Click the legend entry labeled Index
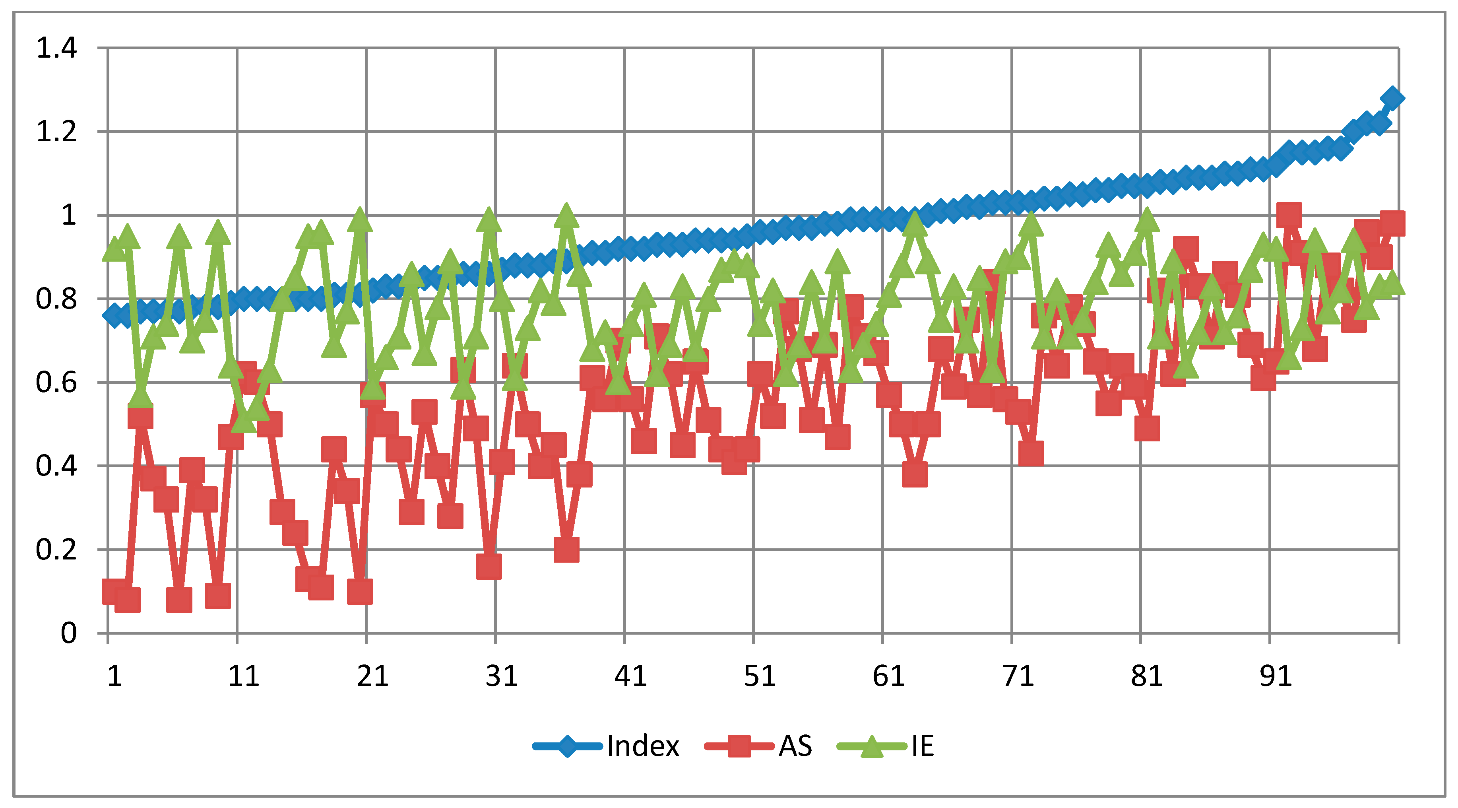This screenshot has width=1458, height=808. pos(642,746)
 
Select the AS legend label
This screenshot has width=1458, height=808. pos(795,746)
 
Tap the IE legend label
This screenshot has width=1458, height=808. pos(922,746)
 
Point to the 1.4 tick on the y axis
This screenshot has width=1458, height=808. pos(56,48)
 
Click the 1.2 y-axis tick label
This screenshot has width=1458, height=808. pos(56,132)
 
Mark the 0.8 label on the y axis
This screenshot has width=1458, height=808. pos(56,299)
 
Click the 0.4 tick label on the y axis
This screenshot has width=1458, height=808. pos(56,466)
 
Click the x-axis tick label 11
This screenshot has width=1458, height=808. pos(243,676)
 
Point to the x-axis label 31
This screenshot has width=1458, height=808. pos(502,676)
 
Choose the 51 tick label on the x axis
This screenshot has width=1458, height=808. pos(760,676)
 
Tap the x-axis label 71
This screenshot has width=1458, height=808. pos(1018,676)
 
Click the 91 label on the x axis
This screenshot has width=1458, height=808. pos(1276,676)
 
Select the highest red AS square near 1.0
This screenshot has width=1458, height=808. pos(1289,215)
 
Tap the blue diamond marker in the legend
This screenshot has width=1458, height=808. pos(567,746)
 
